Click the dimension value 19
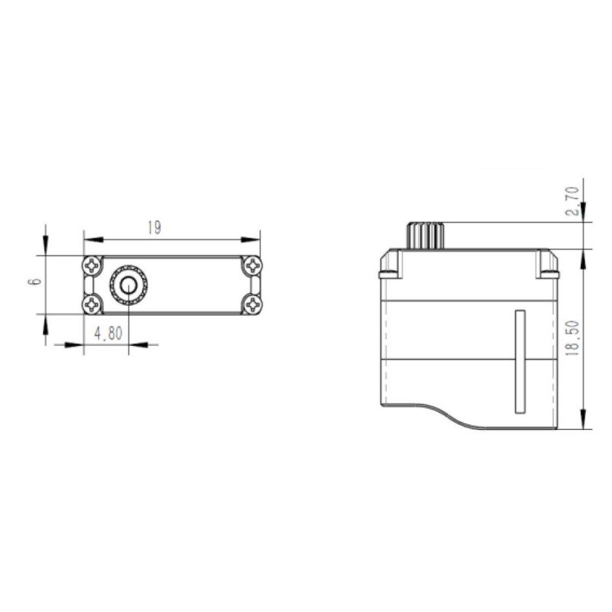tap(155, 227)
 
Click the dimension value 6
tap(36, 282)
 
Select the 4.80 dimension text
tap(108, 334)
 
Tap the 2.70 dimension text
tap(572, 201)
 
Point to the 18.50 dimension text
tap(572, 338)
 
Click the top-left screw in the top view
tap(92, 265)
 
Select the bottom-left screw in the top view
tap(92, 304)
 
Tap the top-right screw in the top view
tap(252, 265)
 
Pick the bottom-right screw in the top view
tap(252, 304)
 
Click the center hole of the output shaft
tap(129, 285)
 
